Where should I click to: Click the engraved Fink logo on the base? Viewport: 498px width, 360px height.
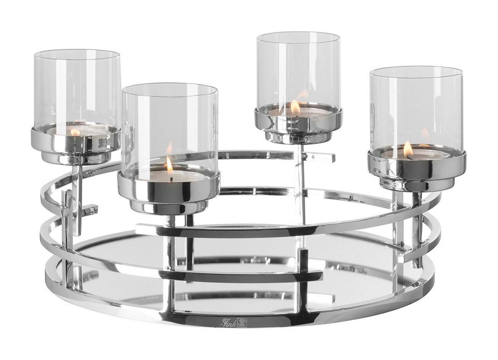(x=232, y=329)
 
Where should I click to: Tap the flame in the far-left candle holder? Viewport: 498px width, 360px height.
(x=75, y=132)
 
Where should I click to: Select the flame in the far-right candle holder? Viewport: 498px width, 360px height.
(x=408, y=149)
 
